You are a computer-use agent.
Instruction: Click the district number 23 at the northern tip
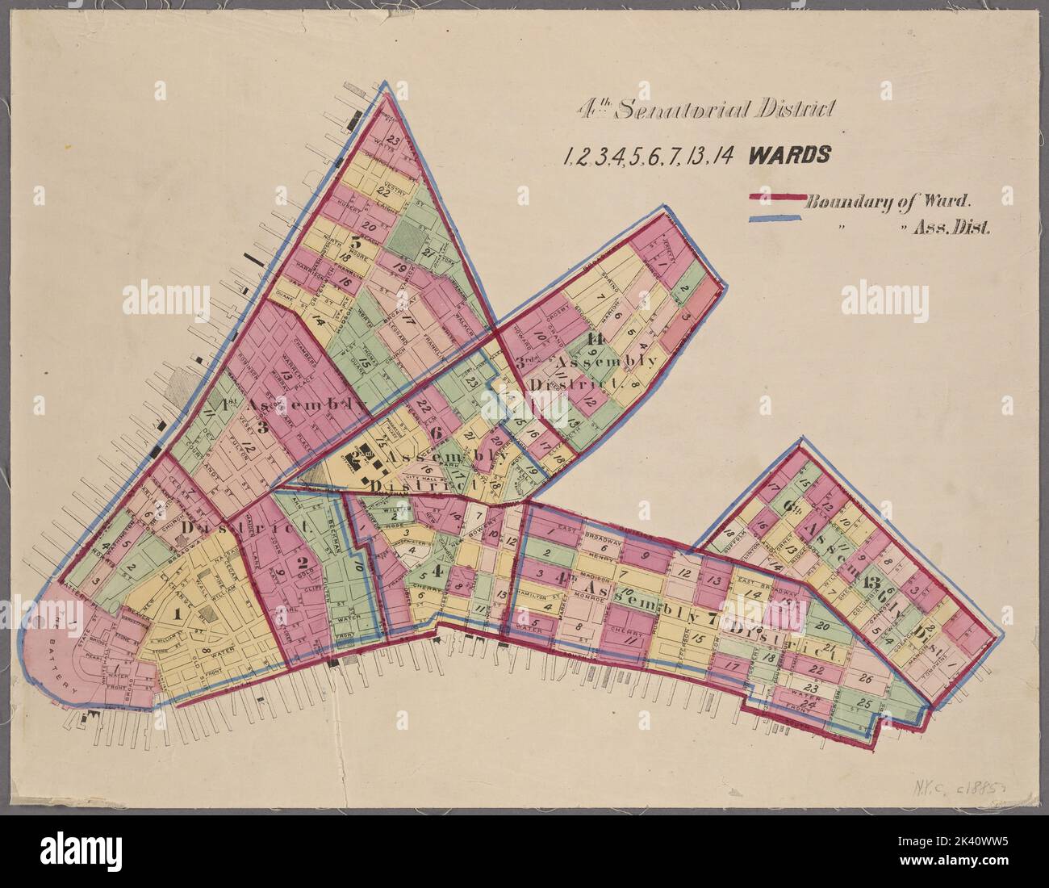[x=393, y=139]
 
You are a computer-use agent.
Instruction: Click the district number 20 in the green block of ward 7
[x=823, y=625]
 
